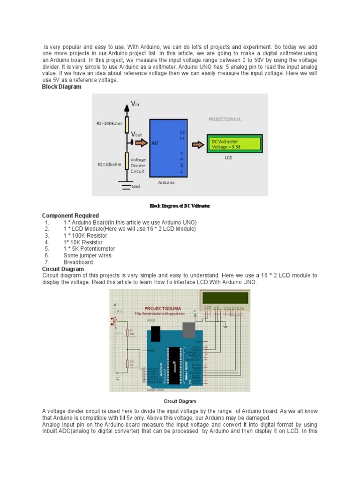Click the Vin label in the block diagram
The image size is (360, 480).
pos(135,104)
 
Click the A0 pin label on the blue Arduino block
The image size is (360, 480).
pos(155,143)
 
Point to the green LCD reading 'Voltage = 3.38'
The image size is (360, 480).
pos(234,144)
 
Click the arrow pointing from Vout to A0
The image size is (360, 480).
pos(142,142)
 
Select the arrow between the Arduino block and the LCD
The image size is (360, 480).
pos(198,144)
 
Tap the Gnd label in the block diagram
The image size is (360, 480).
pos(135,187)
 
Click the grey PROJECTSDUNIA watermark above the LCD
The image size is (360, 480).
pos(225,119)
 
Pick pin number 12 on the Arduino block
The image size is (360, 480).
pos(182,133)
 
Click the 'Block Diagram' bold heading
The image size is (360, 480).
pos(61,87)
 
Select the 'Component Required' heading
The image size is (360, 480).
pos(70,216)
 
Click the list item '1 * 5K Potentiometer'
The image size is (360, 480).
pos(89,249)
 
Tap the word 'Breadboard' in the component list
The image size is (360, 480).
pos(78,262)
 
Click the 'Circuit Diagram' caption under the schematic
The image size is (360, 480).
pos(180,401)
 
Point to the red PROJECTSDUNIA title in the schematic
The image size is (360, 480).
pos(164,308)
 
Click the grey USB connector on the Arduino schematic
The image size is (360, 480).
pos(189,330)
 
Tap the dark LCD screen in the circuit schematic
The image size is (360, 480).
pos(225,298)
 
